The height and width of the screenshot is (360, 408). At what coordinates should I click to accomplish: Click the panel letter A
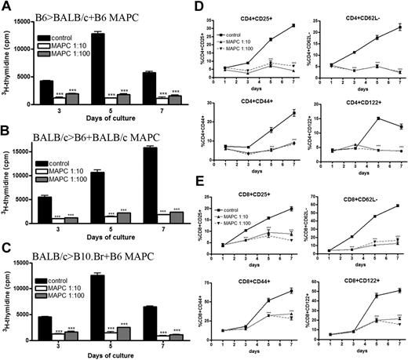[8, 8]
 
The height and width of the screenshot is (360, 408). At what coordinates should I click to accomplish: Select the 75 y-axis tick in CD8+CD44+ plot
[240, 284]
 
